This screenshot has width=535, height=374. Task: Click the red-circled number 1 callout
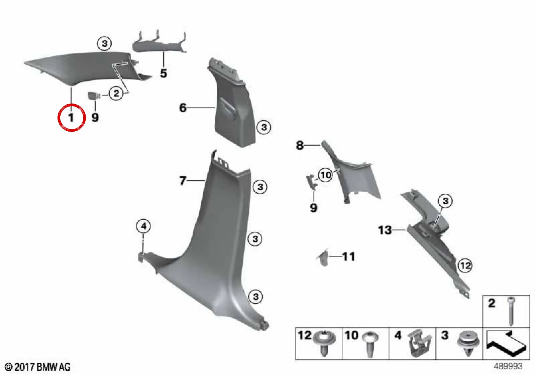point(72,117)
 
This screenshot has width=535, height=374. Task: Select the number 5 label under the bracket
point(164,73)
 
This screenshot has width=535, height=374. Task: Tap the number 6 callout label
point(183,108)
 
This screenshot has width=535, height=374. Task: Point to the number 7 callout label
point(183,181)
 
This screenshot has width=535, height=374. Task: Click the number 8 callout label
point(300,145)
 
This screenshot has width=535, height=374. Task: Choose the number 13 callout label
point(385,230)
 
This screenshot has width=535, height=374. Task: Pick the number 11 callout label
point(349,257)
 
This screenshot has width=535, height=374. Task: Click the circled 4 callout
point(143,226)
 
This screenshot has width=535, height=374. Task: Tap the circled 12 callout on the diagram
point(465,265)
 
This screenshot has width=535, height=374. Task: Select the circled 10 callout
point(326,175)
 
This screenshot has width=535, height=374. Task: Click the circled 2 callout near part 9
point(116,93)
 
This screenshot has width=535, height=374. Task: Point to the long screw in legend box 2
point(511,311)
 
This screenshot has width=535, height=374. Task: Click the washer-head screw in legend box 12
point(324,344)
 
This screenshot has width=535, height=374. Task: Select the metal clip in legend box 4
point(419,344)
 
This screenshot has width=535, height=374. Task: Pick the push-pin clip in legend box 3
point(466,344)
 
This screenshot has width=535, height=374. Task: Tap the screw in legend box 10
point(370,344)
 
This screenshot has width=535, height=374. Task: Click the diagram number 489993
point(508,366)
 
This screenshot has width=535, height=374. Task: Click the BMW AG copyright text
point(38,367)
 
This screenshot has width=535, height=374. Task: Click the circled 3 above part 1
point(105,44)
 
